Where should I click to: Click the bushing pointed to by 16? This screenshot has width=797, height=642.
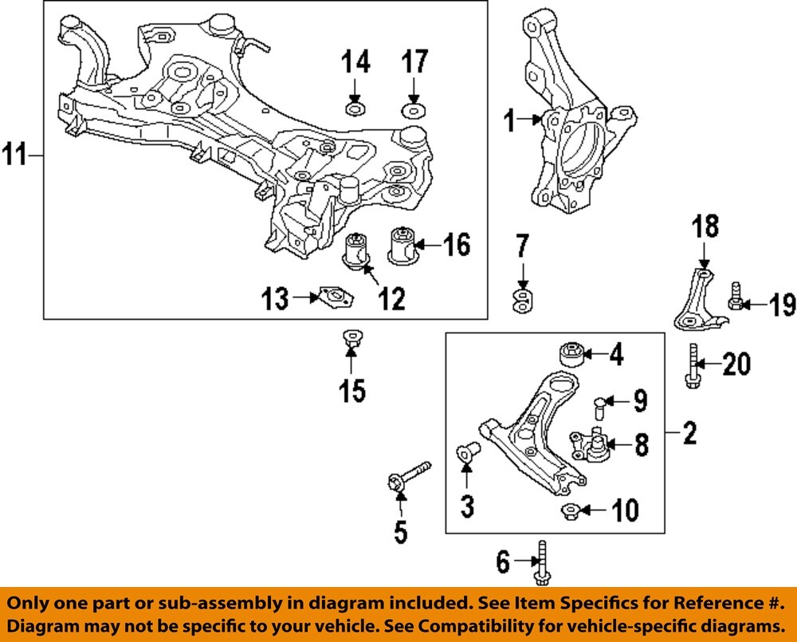pyautogui.click(x=403, y=243)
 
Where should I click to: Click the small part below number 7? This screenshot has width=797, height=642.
pyautogui.click(x=523, y=301)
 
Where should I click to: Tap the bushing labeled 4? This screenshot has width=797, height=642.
pyautogui.click(x=571, y=354)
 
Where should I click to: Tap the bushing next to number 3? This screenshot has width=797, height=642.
pyautogui.click(x=467, y=453)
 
